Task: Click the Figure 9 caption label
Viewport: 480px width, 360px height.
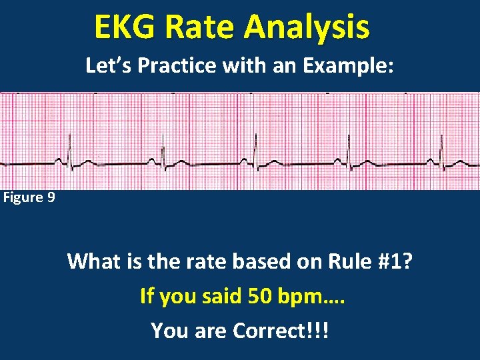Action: click(x=29, y=197)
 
